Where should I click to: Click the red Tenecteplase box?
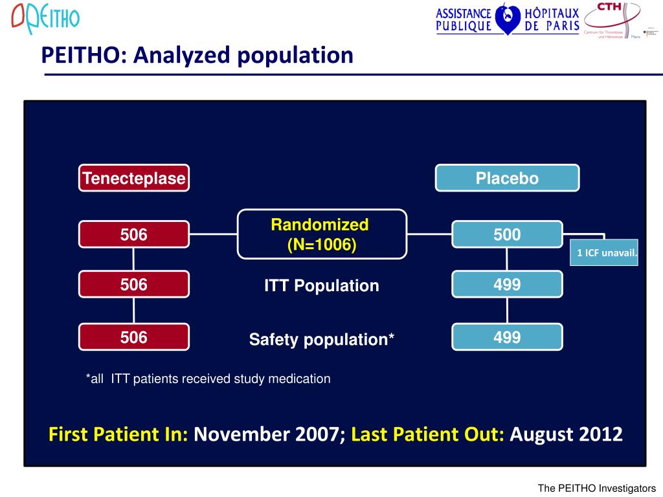pos(134,178)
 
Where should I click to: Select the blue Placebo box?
pos(507,178)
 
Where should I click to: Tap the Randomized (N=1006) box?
pos(322,234)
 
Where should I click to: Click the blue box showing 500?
pos(507,234)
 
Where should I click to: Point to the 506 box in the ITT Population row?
pos(134,284)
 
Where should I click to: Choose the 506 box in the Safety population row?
pos(134,337)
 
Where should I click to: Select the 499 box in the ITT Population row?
pos(507,284)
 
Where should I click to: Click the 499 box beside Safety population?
pos(507,337)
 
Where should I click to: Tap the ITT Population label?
pos(322,286)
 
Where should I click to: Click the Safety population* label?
pos(322,339)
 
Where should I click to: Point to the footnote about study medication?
pos(208,379)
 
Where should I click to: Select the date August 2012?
pos(566,434)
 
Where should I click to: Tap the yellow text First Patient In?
pos(118,434)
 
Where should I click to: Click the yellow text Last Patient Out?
pos(427,434)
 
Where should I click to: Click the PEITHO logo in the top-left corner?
pos(45,19)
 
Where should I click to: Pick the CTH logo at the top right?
pos(612,19)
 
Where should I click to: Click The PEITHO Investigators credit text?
pos(596,489)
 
